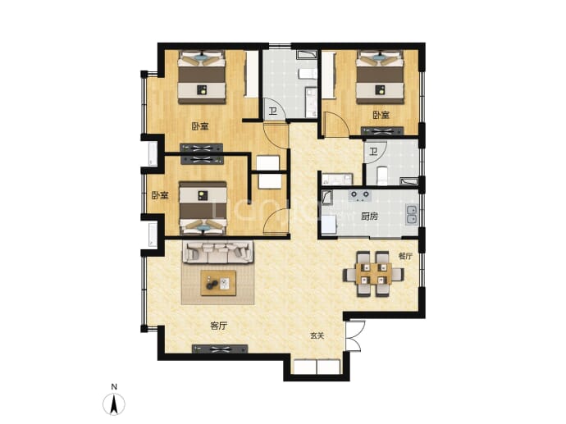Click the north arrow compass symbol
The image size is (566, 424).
coord(114,404)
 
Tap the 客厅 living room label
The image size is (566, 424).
coord(218,326)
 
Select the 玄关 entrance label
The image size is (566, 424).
coord(317,335)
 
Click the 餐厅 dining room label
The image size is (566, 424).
coord(405,256)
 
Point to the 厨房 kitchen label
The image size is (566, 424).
coord(370,217)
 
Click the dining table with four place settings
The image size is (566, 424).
coord(373,274)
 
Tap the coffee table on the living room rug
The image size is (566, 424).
coord(218,283)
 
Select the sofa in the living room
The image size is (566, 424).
coord(218,252)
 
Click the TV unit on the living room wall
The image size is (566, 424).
coord(220,349)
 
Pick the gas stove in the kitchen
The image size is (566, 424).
coord(360,195)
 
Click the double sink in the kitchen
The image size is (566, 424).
coord(412,214)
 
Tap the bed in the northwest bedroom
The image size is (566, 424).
coord(202,77)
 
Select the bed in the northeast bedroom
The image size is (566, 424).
coord(380,77)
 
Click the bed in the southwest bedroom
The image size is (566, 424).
coord(203,208)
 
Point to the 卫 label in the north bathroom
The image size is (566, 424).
coord(273,111)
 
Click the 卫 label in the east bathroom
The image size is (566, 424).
coord(373,151)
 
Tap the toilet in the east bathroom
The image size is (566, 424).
coord(382,176)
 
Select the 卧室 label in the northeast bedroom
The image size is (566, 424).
coord(381,115)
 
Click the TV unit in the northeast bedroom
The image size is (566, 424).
coord(382,130)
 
